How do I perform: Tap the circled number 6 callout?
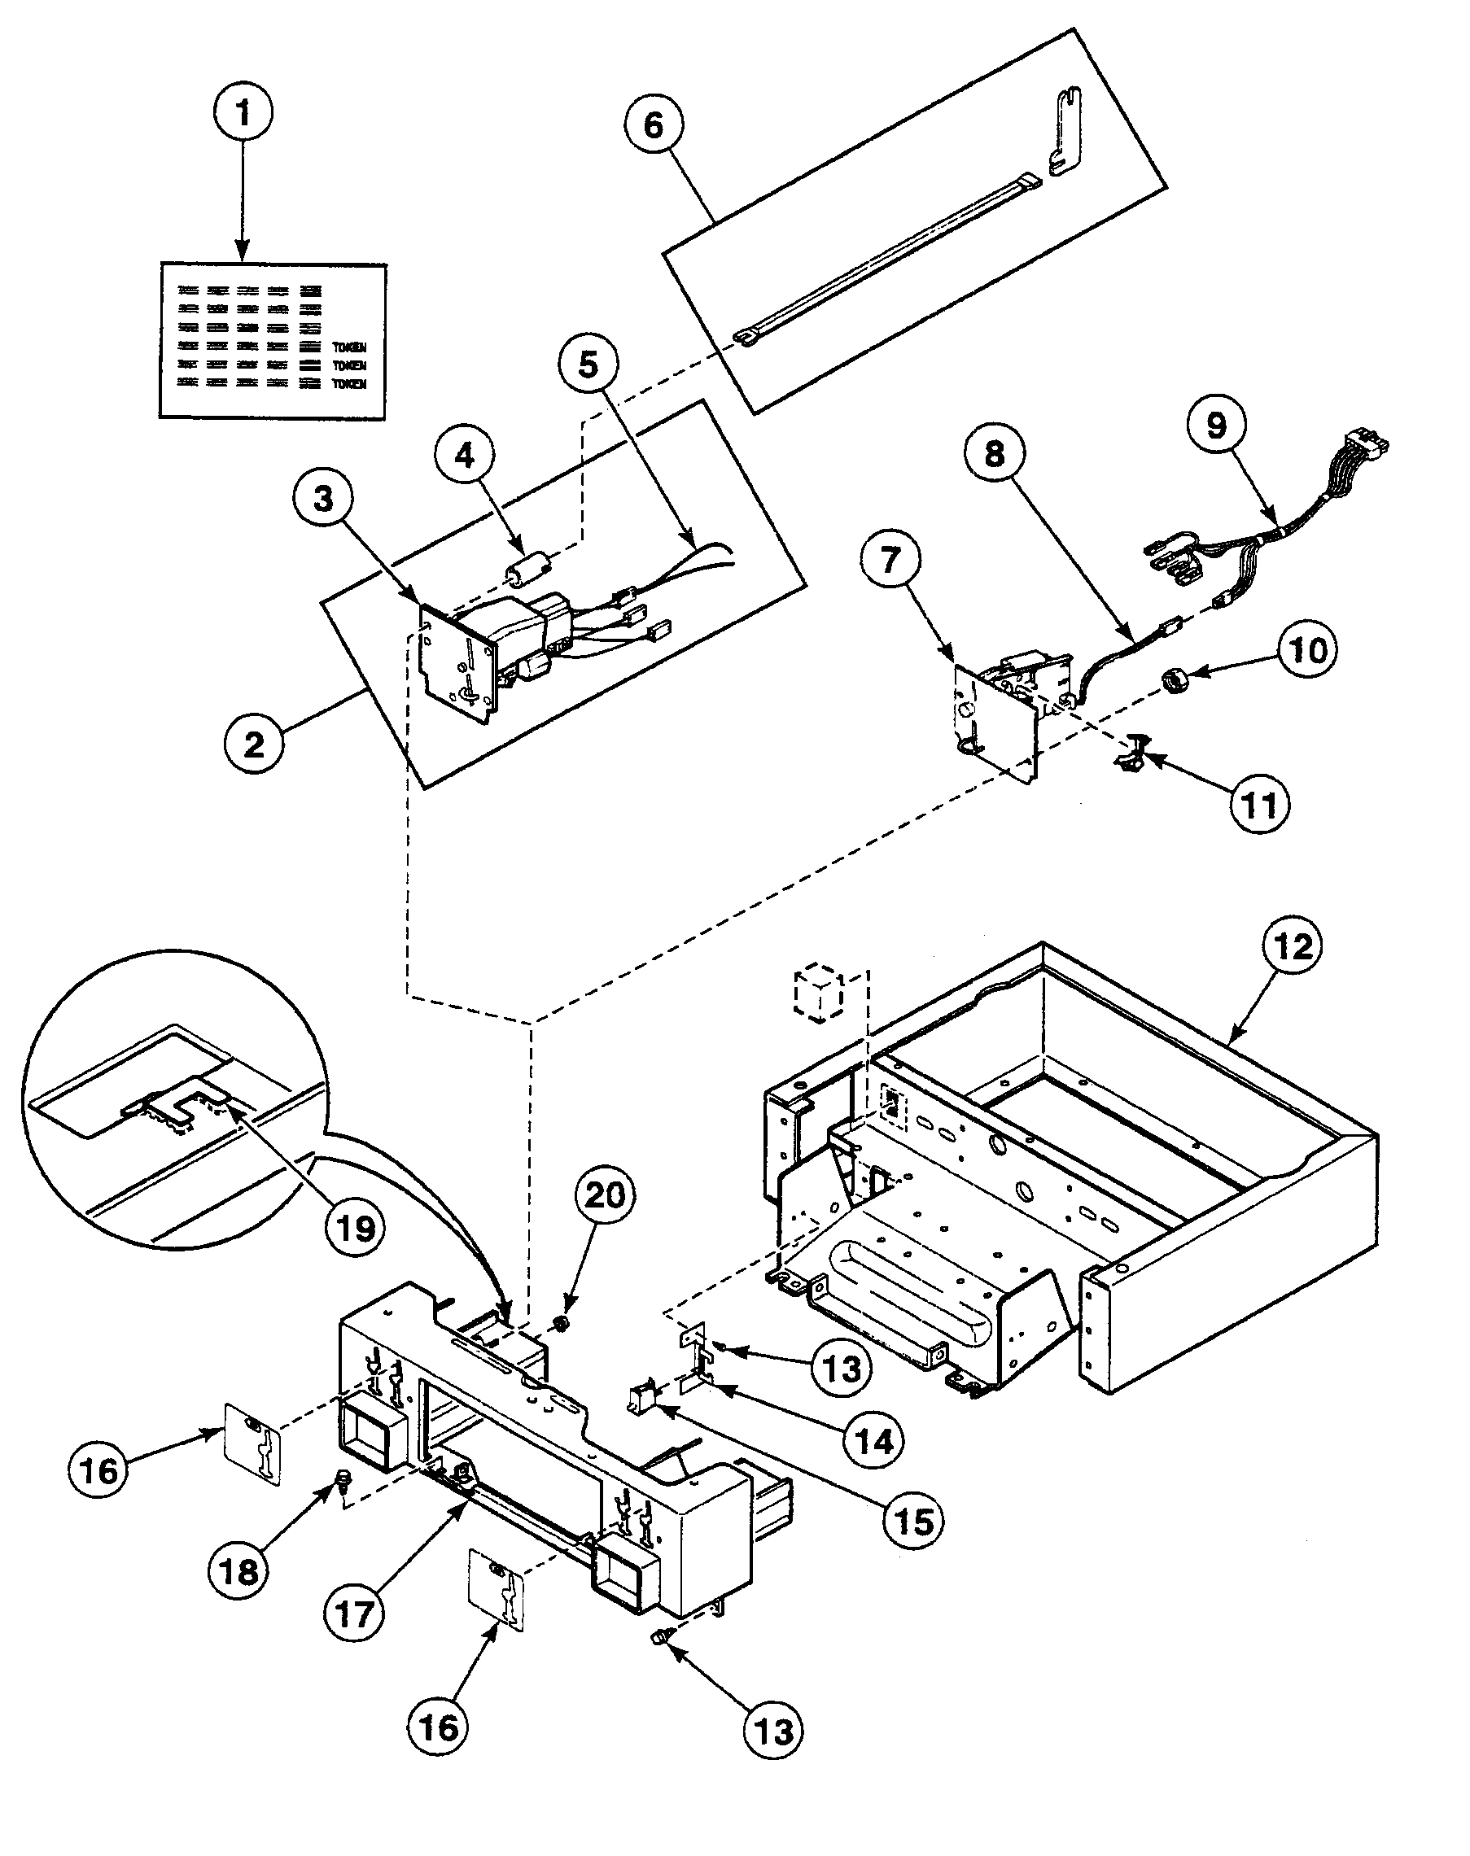[654, 125]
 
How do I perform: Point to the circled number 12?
[1293, 946]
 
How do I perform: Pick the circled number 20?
[604, 1195]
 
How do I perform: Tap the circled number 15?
[914, 1522]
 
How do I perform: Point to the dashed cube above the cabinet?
[820, 994]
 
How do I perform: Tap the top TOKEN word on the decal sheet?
[349, 347]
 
